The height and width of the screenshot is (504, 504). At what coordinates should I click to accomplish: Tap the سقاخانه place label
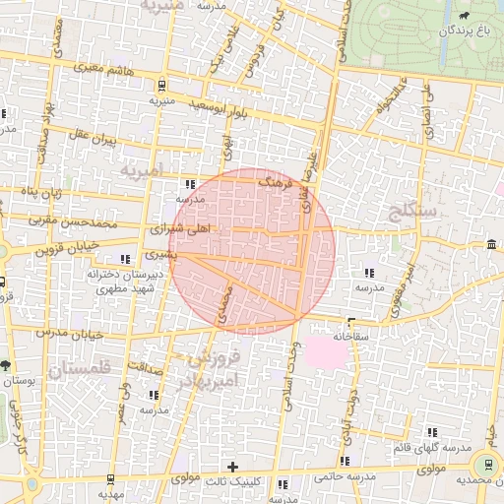349,336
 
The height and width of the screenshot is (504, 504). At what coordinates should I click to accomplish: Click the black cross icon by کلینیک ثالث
232,467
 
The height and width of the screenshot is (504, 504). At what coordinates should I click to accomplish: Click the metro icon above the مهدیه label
109,480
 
